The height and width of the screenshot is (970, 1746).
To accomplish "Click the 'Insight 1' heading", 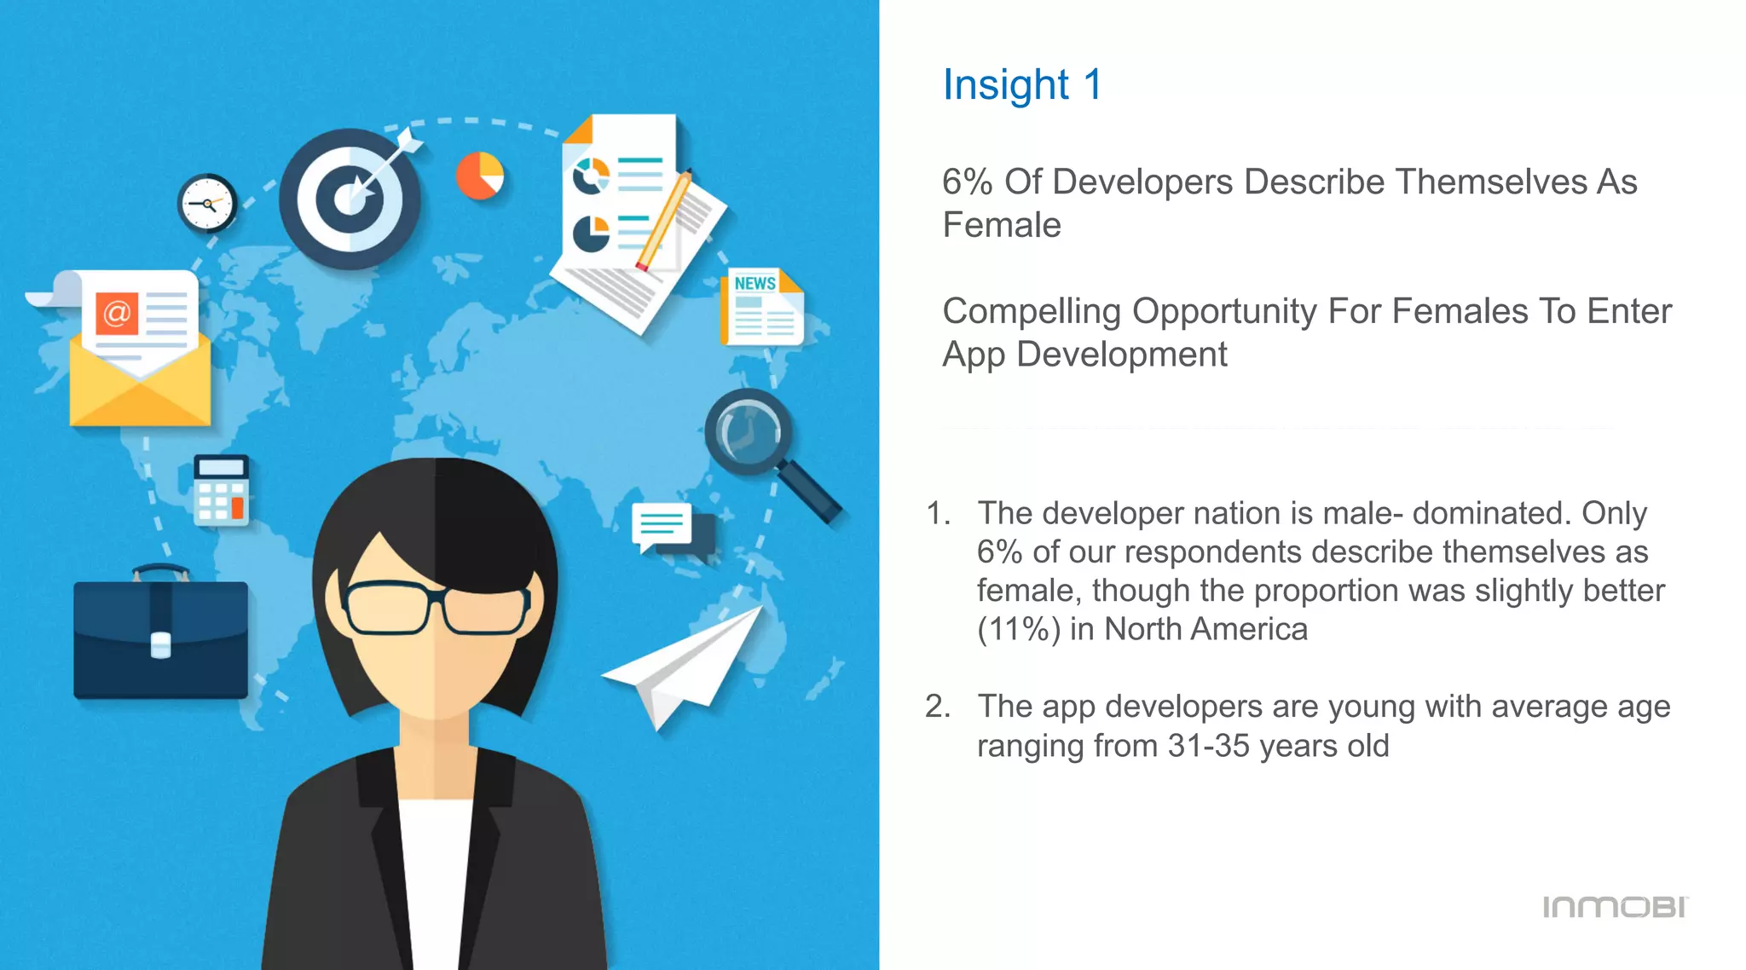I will pos(1021,85).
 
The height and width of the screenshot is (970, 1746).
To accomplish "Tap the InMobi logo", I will pos(1615,907).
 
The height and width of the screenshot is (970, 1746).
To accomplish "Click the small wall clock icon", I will pos(207,204).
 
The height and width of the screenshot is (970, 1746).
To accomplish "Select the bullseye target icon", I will pos(350,199).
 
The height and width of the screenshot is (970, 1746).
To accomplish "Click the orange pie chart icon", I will pos(480,176).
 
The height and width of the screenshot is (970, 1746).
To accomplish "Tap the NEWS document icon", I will pos(762,308).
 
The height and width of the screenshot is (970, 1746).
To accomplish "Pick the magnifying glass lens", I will pos(748,430).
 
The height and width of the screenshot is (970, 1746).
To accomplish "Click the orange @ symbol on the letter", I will pos(117,314).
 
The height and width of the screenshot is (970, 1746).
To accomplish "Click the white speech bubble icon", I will pos(662,525).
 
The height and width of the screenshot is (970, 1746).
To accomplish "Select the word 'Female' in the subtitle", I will pos(1001,226).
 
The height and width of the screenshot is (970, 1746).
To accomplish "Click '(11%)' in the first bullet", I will pos(1018,630).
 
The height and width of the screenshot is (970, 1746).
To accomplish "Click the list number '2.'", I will pos(937,707).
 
